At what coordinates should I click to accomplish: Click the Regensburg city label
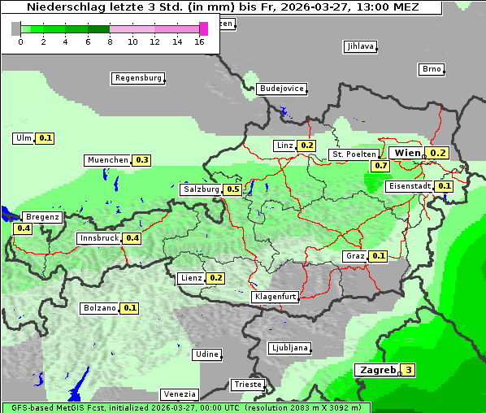[137, 78]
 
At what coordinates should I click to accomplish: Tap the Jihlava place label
[360, 46]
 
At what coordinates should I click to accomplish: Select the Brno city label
[431, 69]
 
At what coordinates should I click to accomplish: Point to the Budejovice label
[281, 89]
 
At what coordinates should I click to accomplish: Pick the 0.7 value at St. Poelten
[380, 166]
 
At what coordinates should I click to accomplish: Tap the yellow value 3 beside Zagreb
[408, 371]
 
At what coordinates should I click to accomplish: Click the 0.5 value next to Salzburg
[232, 189]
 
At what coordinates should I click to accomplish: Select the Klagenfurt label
[275, 297]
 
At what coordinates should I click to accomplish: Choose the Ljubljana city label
[289, 348]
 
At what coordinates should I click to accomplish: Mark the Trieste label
[247, 385]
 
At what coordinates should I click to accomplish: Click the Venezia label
[180, 393]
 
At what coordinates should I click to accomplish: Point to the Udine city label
[206, 354]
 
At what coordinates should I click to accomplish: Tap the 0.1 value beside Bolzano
[130, 308]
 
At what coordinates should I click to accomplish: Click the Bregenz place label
[42, 217]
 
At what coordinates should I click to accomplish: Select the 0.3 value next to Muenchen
[142, 160]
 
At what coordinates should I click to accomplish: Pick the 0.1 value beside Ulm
[46, 138]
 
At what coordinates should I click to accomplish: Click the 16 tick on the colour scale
[200, 41]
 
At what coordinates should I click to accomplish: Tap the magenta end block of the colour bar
[203, 28]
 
